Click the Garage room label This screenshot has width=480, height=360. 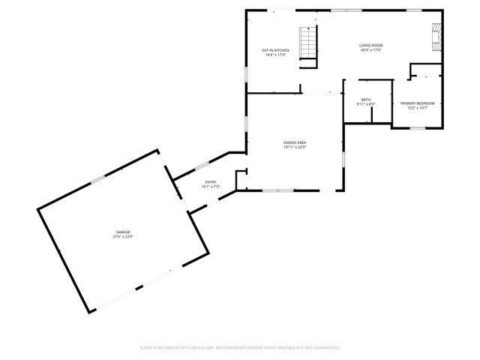click(x=123, y=232)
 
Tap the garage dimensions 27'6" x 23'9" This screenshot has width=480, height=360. click(x=123, y=236)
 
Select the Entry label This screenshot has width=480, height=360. click(x=211, y=182)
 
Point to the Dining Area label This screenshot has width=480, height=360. click(x=295, y=142)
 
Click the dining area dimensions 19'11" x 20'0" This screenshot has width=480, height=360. click(x=295, y=147)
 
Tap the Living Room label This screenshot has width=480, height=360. click(x=371, y=46)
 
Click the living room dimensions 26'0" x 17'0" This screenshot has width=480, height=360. click(x=371, y=50)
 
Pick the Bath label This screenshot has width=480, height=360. click(x=365, y=100)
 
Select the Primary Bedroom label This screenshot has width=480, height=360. click(x=417, y=103)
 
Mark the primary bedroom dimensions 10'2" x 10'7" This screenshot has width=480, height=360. click(x=417, y=107)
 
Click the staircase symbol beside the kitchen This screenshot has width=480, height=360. click(x=307, y=43)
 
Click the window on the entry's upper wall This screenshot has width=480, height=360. click(x=202, y=166)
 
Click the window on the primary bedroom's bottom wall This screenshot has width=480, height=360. click(x=417, y=128)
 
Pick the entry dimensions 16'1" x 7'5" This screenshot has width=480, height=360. click(x=211, y=187)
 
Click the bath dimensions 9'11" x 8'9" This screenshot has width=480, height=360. click(x=365, y=104)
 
